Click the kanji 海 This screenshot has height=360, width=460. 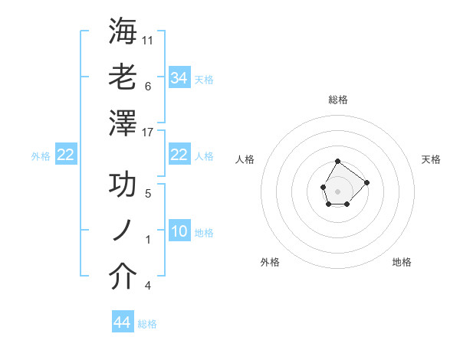[123, 31]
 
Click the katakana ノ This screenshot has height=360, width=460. [123, 231]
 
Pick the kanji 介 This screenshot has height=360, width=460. [123, 277]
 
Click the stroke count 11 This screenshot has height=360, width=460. [148, 39]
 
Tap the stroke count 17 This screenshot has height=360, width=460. [148, 132]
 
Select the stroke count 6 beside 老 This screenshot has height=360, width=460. [147, 86]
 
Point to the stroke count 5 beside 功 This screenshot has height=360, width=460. [147, 194]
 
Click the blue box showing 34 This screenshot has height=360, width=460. [179, 77]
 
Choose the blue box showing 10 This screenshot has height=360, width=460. [179, 231]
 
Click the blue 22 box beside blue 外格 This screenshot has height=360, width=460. [65, 155]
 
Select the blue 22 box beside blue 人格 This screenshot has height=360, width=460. [179, 155]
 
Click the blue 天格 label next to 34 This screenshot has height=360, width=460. [204, 79]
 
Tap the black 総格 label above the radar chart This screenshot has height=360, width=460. [338, 100]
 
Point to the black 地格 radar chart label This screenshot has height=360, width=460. [402, 262]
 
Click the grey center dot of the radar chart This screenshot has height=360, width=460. [337, 190]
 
